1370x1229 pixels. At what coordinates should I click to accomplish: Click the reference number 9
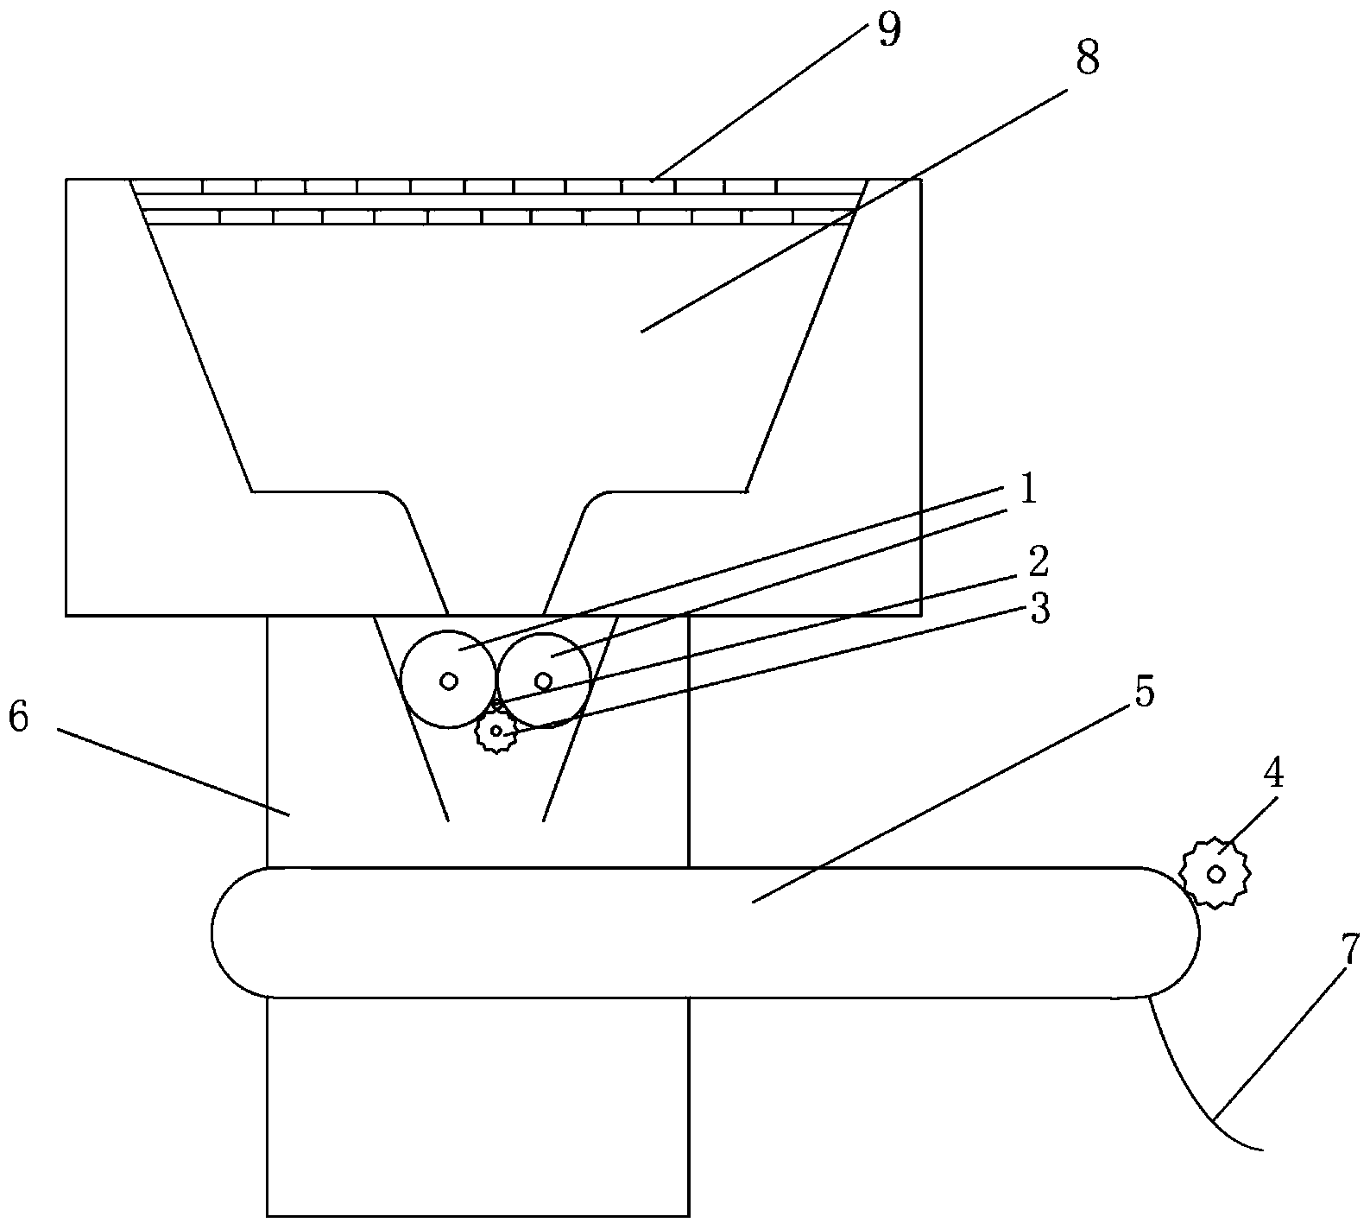[888, 30]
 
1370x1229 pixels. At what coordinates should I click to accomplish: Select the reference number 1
[1027, 491]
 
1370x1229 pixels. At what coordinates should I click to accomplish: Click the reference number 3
[1039, 611]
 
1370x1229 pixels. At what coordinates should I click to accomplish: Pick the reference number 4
[1273, 776]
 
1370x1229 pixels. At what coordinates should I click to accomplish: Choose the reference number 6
[18, 718]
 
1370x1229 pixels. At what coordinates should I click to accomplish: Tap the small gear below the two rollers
[496, 731]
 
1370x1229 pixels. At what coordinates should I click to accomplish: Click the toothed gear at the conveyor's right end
[1215, 873]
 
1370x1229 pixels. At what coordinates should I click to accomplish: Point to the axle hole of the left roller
[449, 681]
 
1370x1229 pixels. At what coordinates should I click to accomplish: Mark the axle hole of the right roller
[544, 681]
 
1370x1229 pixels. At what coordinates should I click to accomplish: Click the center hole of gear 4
[1215, 873]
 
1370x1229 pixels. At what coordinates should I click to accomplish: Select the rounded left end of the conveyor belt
[213, 933]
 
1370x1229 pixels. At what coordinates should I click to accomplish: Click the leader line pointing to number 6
[174, 772]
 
